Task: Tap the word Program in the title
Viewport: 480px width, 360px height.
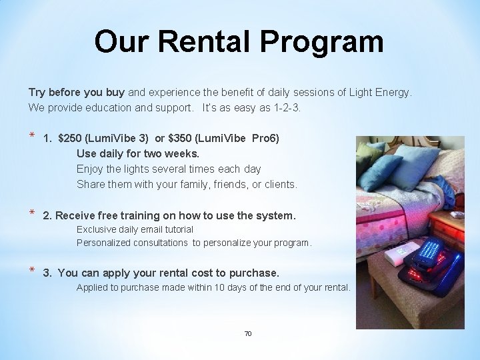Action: coord(322,41)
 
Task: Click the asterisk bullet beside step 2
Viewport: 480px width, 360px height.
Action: coord(31,215)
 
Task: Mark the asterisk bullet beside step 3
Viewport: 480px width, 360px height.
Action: coord(31,271)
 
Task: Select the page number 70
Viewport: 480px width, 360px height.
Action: coord(248,333)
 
